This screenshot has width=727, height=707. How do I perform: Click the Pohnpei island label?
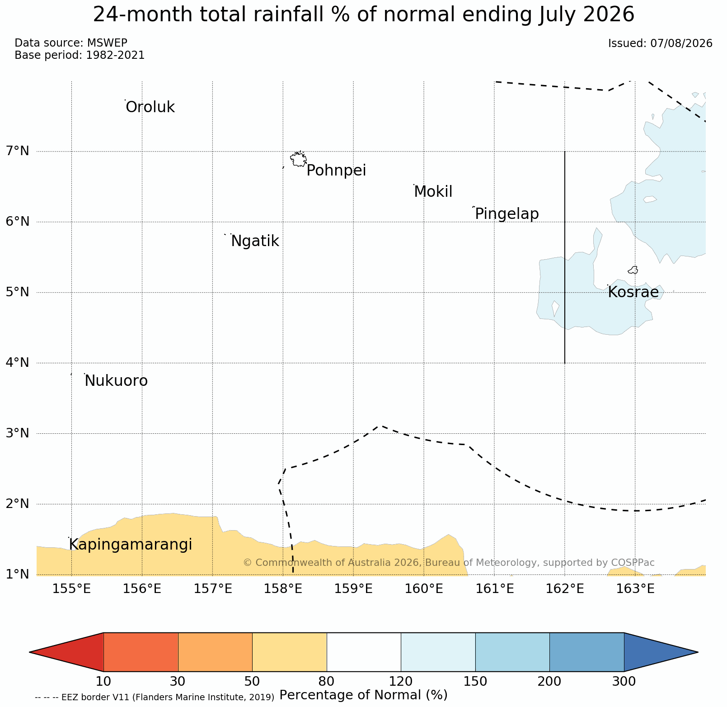[x=336, y=171]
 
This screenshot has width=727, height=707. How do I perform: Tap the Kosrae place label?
[x=633, y=292]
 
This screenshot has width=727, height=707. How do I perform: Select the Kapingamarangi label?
[x=131, y=545]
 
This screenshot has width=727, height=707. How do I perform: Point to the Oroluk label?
[x=150, y=108]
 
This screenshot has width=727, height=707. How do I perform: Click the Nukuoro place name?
[x=116, y=381]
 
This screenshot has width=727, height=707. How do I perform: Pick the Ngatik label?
[x=255, y=242]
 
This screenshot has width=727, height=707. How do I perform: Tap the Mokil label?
[x=433, y=192]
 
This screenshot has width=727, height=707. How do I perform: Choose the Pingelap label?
[x=507, y=214]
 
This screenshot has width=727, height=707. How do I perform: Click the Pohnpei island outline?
[x=298, y=159]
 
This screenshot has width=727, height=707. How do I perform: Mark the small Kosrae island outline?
[x=633, y=270]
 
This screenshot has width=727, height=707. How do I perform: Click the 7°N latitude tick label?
[x=18, y=151]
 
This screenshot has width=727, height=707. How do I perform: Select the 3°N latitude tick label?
[x=18, y=433]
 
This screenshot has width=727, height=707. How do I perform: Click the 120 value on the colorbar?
[x=401, y=681]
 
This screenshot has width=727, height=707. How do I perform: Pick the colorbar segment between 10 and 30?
[x=141, y=652]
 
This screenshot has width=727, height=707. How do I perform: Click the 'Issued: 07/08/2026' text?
[x=660, y=43]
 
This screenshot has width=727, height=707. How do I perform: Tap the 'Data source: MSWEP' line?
[x=71, y=43]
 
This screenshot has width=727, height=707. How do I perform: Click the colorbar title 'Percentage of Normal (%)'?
[x=363, y=695]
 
